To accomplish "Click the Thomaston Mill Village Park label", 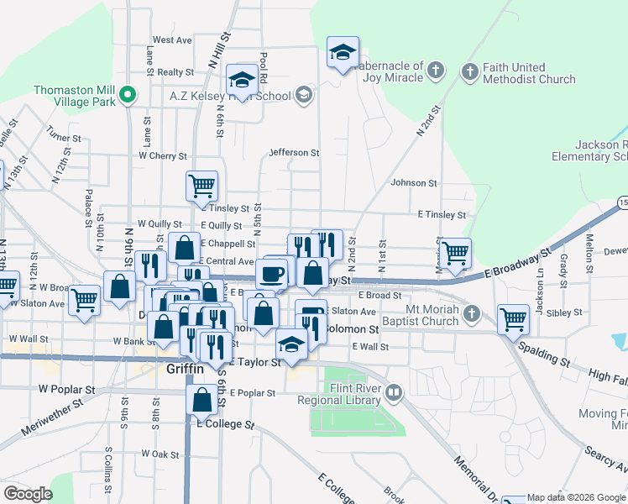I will (x=75, y=96).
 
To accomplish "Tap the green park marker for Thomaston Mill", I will (x=128, y=94).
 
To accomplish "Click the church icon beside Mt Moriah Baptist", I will (x=472, y=314).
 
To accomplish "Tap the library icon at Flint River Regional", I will (x=393, y=391).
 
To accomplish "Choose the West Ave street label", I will (x=172, y=39).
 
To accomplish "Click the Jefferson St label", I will (x=294, y=153).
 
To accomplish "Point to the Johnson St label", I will (x=414, y=182).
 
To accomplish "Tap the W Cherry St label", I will (x=163, y=155).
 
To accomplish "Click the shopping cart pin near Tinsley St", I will (x=201, y=186).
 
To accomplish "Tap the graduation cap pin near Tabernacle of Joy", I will (x=343, y=52).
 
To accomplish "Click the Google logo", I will (x=28, y=494).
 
